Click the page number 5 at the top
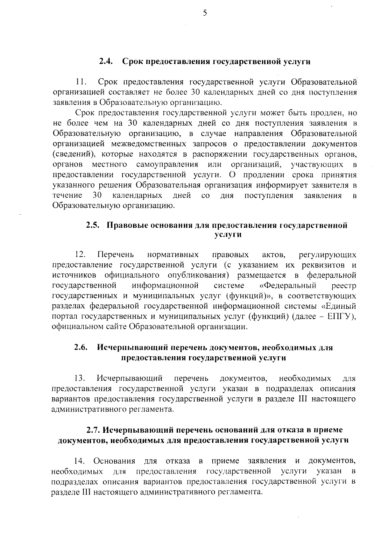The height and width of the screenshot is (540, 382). (x=205, y=13)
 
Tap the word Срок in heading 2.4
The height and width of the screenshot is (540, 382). (x=133, y=61)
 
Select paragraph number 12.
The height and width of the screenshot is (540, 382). (x=80, y=255)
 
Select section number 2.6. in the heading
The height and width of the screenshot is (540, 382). (x=81, y=347)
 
